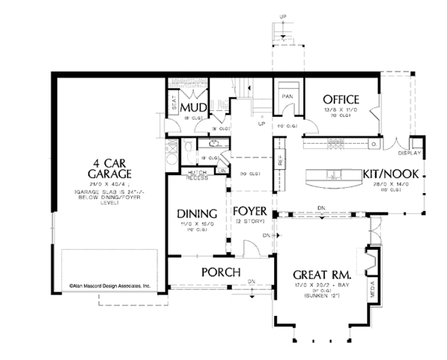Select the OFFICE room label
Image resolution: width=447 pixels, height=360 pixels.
(x=340, y=100)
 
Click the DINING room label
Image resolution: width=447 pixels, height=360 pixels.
(x=196, y=212)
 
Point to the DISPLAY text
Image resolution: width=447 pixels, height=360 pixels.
(x=410, y=155)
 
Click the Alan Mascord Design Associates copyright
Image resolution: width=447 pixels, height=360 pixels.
(x=110, y=285)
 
